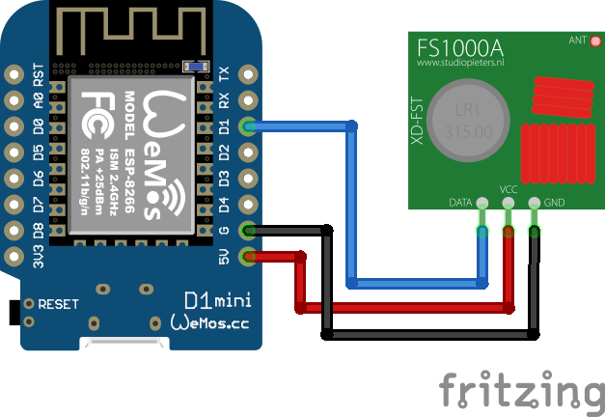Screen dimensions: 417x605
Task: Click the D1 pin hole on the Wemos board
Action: pyautogui.click(x=250, y=125)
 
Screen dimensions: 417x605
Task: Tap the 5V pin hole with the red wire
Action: pyautogui.click(x=250, y=256)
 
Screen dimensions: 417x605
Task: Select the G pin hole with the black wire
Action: pyautogui.click(x=250, y=230)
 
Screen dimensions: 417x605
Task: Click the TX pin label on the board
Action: pyautogui.click(x=225, y=74)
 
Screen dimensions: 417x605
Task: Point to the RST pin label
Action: pyautogui.click(x=39, y=74)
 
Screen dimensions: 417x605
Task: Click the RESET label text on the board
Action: pyautogui.click(x=59, y=303)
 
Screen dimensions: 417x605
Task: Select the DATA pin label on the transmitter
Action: pyautogui.click(x=461, y=203)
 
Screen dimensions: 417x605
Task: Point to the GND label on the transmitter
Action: pyautogui.click(x=555, y=203)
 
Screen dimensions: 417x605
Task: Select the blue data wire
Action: pyautogui.click(x=352, y=203)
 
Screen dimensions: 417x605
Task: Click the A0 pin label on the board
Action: pyautogui.click(x=39, y=100)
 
